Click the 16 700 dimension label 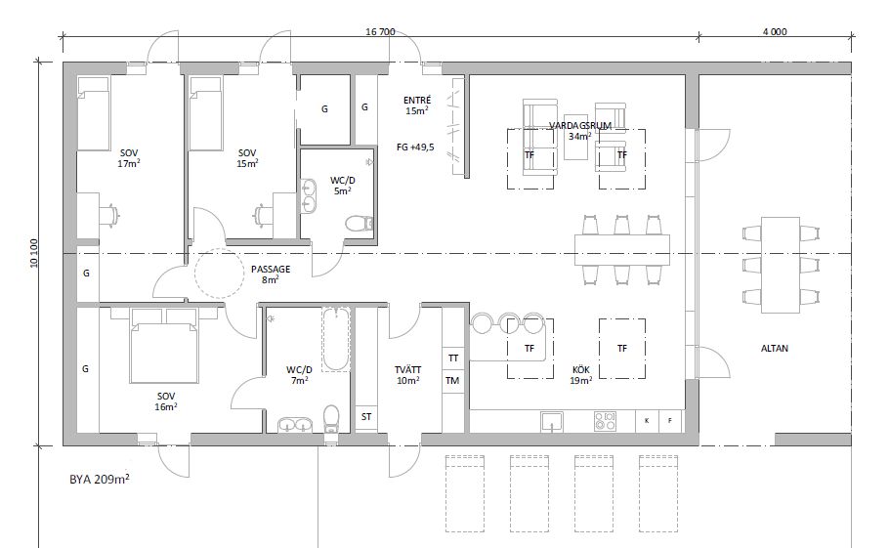click(380, 31)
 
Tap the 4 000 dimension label click(775, 31)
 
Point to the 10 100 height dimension click(33, 253)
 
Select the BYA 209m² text click(100, 479)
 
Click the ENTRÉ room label click(417, 101)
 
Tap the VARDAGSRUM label click(580, 125)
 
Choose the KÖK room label click(581, 370)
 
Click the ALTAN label click(775, 349)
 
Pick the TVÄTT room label click(408, 370)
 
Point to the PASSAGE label click(271, 270)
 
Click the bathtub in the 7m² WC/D click(336, 339)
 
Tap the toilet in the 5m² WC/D click(360, 223)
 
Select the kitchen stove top click(605, 421)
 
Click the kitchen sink click(552, 421)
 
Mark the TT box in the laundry click(453, 358)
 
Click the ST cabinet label click(366, 416)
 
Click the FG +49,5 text click(415, 148)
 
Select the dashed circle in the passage click(218, 274)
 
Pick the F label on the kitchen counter click(670, 420)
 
